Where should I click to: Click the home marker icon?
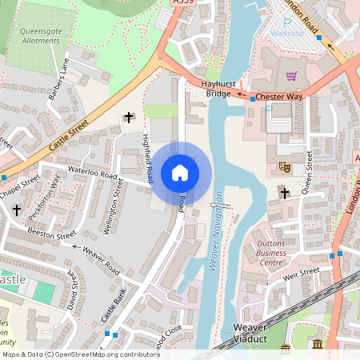pos(180,172)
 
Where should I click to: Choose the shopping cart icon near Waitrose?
pos(291,77)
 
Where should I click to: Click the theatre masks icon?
pos(283,166)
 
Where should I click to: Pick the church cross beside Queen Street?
pos(283,192)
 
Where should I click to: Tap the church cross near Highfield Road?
pos(128,118)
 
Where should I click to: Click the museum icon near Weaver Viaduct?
pos(318,345)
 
